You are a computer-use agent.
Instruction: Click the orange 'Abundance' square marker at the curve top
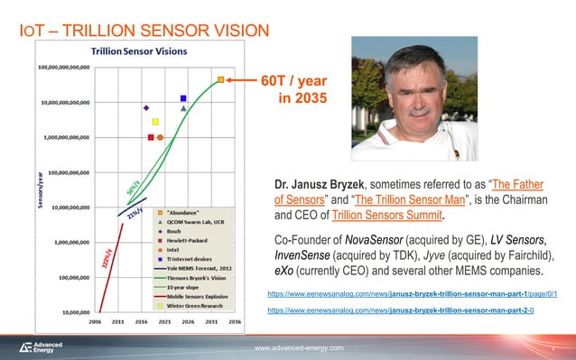click(x=219, y=79)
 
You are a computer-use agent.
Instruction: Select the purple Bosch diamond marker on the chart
click(x=146, y=107)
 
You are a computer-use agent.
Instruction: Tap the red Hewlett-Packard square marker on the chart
click(x=151, y=137)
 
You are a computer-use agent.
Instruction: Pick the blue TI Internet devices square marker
click(x=183, y=98)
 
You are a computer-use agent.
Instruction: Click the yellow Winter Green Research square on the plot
click(x=155, y=122)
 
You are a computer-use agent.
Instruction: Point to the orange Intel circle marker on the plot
click(x=160, y=137)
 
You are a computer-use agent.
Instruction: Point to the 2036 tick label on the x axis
click(x=234, y=320)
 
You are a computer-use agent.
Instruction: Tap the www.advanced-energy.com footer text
click(x=299, y=346)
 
